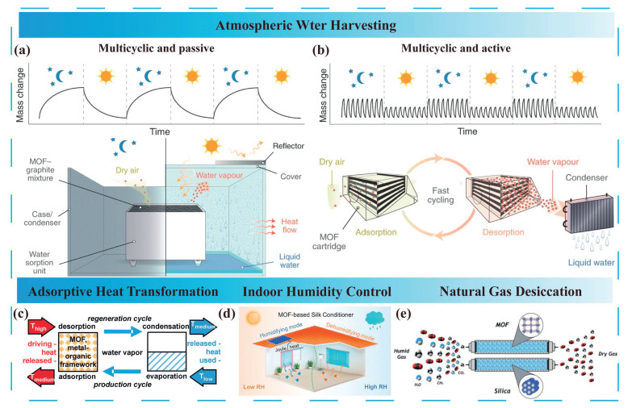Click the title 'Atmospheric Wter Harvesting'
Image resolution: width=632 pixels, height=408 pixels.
pyautogui.click(x=316, y=25)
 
